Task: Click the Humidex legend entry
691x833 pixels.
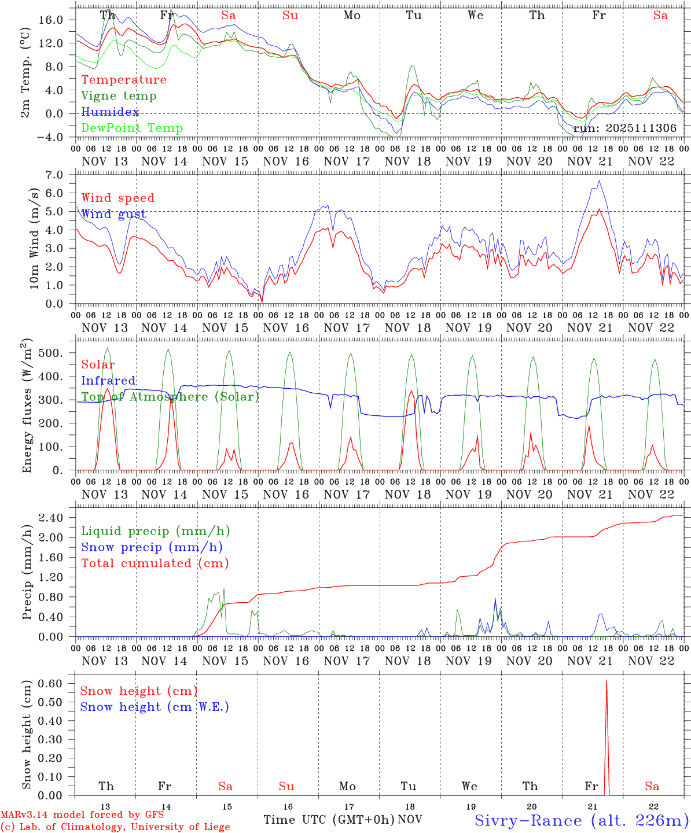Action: (110, 112)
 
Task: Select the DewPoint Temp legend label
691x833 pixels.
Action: (132, 128)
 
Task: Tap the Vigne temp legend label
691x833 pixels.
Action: (119, 96)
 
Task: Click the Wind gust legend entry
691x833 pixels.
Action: (113, 214)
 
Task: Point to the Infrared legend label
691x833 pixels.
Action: (108, 381)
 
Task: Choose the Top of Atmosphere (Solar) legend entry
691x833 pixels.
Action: (170, 397)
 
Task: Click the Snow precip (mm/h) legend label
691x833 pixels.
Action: (152, 547)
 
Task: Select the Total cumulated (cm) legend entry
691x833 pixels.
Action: (155, 563)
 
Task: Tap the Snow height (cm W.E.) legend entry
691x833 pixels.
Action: (154, 707)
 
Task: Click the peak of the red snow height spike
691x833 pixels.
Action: (606, 681)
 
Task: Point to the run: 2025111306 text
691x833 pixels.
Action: (624, 128)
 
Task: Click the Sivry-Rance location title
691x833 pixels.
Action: (580, 820)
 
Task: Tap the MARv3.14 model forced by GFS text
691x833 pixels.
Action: (82, 814)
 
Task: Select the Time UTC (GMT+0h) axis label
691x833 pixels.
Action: (329, 820)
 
